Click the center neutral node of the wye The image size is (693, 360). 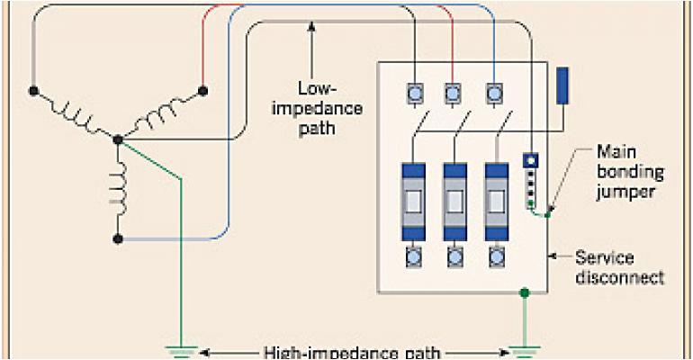pos(119,140)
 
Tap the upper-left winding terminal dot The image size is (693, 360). pos(33,91)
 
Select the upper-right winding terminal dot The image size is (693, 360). pos(202,90)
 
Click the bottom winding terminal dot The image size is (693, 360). pos(119,239)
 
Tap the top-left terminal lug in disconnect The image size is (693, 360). pos(416,92)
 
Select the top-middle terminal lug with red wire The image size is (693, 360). pos(454,92)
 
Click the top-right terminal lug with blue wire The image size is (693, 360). pos(494,92)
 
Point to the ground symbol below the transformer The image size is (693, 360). pos(184,351)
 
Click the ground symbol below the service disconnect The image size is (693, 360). pos(522,351)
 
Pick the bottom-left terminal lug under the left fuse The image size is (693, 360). pos(416,259)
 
